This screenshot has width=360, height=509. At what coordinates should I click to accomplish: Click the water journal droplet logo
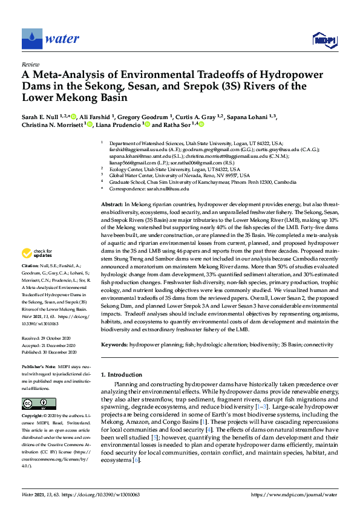[31, 39]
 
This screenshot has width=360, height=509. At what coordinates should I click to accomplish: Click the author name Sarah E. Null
[42, 114]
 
